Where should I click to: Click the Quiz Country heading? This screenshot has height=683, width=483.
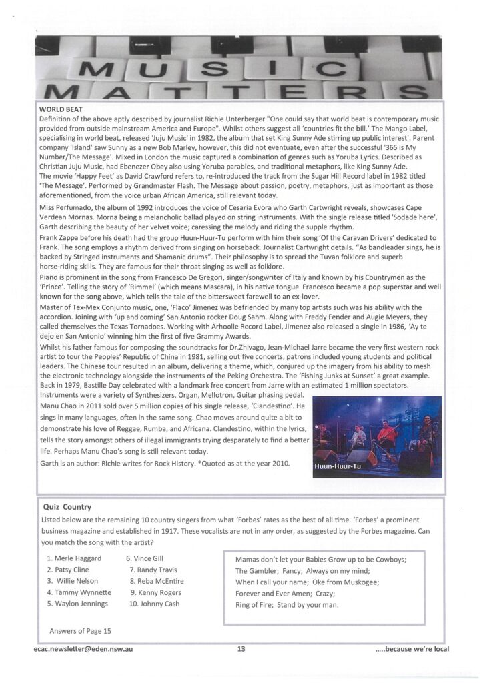point(67,506)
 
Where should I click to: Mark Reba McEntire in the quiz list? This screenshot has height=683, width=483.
point(161,581)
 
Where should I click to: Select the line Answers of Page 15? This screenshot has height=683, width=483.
point(80,630)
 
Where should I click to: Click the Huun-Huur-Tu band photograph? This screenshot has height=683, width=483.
point(377,437)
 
